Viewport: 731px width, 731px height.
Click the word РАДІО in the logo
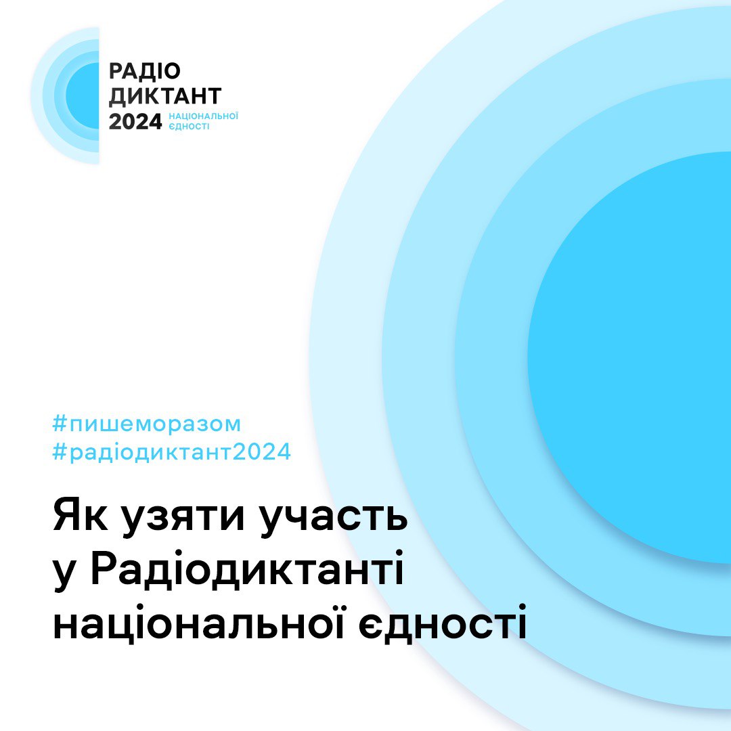pyautogui.click(x=145, y=71)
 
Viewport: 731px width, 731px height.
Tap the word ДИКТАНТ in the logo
pyautogui.click(x=165, y=96)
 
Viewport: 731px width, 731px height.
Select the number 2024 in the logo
pyautogui.click(x=135, y=122)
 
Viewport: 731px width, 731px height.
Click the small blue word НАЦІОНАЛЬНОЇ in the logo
pyautogui.click(x=203, y=116)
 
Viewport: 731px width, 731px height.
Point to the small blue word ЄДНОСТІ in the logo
pyautogui.click(x=189, y=127)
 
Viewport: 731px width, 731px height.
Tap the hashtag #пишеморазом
pyautogui.click(x=147, y=424)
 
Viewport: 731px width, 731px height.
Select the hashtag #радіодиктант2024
pyautogui.click(x=172, y=451)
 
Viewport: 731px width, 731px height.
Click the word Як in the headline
pyautogui.click(x=81, y=515)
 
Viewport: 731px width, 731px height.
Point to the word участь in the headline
pyautogui.click(x=333, y=519)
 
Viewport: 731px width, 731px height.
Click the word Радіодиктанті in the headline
pyautogui.click(x=246, y=568)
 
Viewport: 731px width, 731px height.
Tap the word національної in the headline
pyautogui.click(x=198, y=621)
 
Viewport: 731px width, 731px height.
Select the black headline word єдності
pyautogui.click(x=443, y=621)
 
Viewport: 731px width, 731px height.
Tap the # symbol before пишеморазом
pyautogui.click(x=61, y=424)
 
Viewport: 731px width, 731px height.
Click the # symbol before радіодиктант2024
pyautogui.click(x=61, y=451)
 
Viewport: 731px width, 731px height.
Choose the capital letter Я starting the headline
pyautogui.click(x=66, y=515)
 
